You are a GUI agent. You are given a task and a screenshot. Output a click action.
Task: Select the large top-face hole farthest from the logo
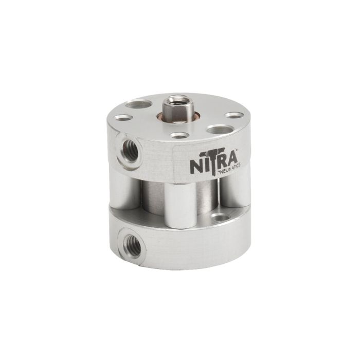coord(139,104)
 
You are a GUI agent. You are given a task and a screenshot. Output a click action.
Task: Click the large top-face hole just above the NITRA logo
coord(217,130)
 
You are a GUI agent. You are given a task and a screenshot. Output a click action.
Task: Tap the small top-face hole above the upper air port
coord(124,118)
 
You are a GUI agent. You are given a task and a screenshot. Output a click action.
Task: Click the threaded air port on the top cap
coord(129,151)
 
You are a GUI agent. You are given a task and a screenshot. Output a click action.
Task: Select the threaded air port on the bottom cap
coord(132,246)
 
